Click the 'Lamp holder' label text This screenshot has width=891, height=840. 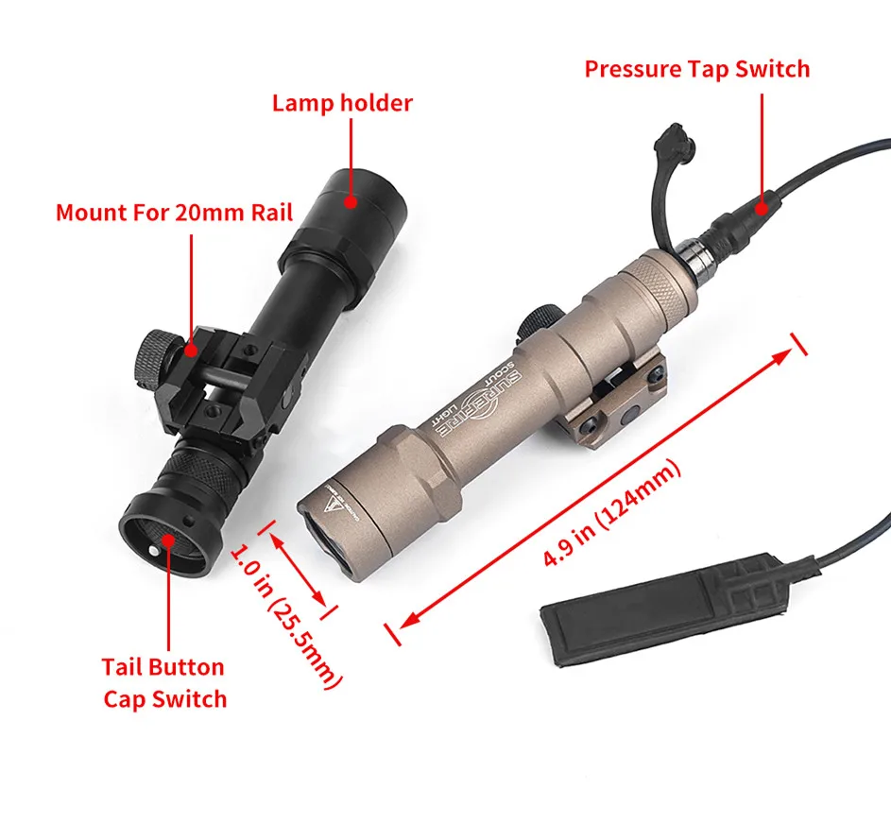pyautogui.click(x=342, y=103)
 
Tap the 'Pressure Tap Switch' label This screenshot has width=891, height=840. pyautogui.click(x=696, y=69)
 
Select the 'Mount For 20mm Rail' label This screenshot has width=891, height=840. pyautogui.click(x=174, y=212)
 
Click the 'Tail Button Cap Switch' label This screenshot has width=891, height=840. pyautogui.click(x=164, y=683)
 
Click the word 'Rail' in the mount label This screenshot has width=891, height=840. pyautogui.click(x=269, y=212)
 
